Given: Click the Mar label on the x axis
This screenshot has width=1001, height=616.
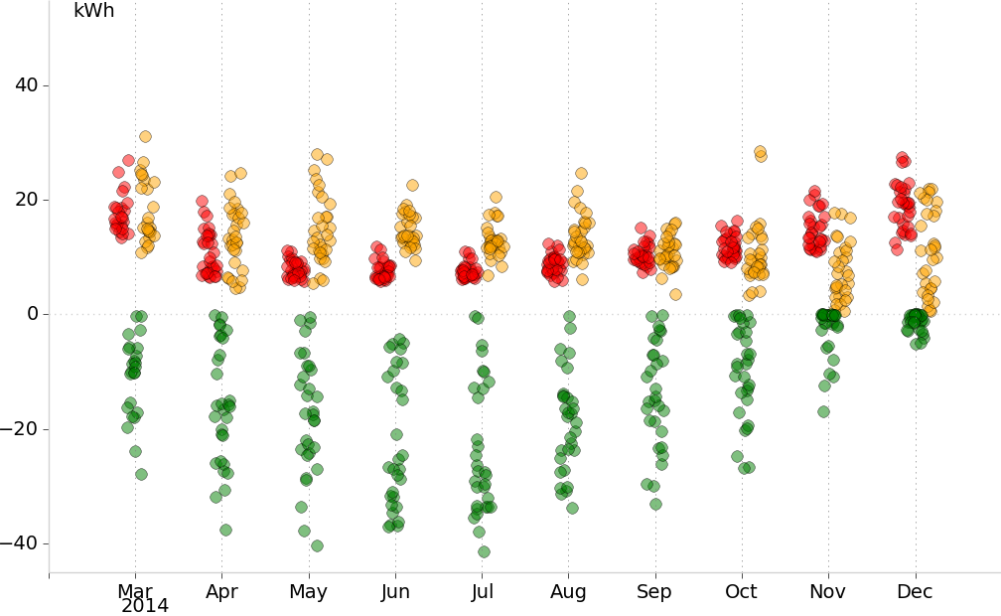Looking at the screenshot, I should [135, 592].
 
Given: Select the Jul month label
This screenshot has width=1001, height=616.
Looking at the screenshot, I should [482, 592].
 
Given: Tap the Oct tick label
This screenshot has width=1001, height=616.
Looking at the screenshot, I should [741, 592].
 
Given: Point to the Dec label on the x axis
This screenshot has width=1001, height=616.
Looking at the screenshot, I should [915, 592].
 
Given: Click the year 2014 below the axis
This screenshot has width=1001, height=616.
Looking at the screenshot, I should [145, 606].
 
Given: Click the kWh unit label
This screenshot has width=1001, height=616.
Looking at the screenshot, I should [94, 12].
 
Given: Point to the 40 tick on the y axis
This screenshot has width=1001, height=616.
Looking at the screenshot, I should [27, 85].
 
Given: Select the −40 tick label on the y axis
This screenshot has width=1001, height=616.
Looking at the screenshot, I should [20, 543].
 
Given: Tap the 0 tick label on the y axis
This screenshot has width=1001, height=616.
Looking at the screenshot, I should [32, 314].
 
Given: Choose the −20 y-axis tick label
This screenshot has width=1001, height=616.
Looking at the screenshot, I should [20, 429].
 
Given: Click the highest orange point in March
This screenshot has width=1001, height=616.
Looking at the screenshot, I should [145, 136].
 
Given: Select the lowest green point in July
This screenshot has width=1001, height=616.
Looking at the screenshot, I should [484, 551].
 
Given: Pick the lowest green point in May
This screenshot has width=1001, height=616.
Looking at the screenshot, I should [317, 545].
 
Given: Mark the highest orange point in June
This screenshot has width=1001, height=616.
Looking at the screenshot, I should [412, 185].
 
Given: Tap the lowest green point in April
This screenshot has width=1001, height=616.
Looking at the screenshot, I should [225, 530].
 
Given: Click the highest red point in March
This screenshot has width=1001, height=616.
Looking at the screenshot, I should [128, 160].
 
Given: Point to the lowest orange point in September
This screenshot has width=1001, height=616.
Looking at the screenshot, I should [675, 294].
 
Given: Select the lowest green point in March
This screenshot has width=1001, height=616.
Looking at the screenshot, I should [141, 474].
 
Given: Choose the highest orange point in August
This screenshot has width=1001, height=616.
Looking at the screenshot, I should [581, 173].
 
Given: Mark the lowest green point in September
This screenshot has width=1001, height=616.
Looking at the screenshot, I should [655, 504].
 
